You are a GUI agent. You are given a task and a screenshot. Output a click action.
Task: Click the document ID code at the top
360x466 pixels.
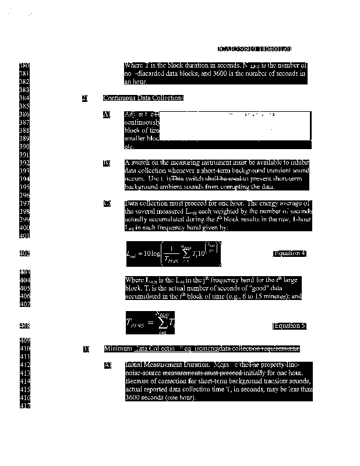pyautogui.click(x=255, y=50)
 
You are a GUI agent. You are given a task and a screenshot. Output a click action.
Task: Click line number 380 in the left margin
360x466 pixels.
pyautogui.click(x=24, y=66)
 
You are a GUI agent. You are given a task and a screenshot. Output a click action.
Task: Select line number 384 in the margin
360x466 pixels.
pyautogui.click(x=24, y=98)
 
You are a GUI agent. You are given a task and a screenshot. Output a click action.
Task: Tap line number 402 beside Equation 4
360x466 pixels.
pyautogui.click(x=24, y=253)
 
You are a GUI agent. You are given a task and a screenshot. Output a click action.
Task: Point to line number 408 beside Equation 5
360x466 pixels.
pyautogui.click(x=24, y=326)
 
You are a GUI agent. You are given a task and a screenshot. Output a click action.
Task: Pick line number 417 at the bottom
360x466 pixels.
pyautogui.click(x=24, y=405)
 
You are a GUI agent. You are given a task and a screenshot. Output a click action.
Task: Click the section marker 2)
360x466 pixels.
pyautogui.click(x=85, y=98)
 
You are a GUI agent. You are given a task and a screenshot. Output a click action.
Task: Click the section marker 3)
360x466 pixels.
pyautogui.click(x=86, y=349)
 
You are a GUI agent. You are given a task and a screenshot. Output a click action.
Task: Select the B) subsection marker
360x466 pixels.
pyautogui.click(x=107, y=164)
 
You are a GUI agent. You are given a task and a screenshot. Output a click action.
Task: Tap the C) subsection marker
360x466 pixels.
pyautogui.click(x=107, y=203)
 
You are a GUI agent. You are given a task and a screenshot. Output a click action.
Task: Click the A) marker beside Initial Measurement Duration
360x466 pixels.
pyautogui.click(x=107, y=365)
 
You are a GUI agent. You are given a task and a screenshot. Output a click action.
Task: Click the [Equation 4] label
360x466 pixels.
pyautogui.click(x=290, y=253)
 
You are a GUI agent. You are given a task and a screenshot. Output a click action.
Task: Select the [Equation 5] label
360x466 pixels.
pyautogui.click(x=290, y=326)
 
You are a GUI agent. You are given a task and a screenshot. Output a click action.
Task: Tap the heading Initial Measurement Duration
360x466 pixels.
pyautogui.click(x=161, y=365)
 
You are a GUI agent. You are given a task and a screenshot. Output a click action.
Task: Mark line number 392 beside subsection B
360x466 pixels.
pyautogui.click(x=24, y=163)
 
